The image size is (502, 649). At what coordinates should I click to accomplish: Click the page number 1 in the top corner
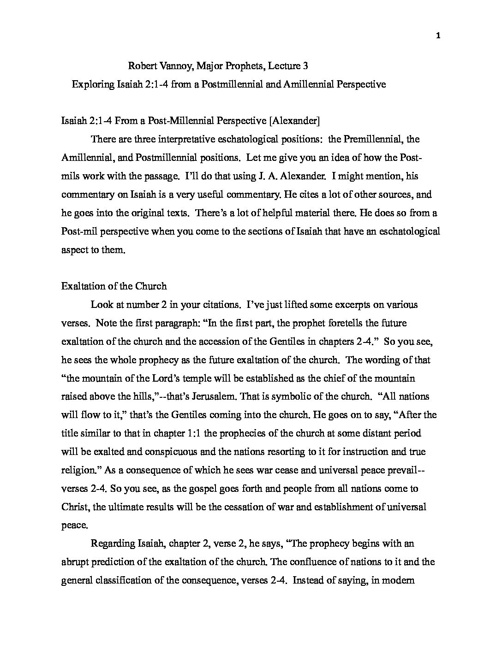[438, 36]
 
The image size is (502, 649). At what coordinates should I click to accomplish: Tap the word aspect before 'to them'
[74, 250]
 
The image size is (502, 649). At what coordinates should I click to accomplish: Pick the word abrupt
[74, 562]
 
